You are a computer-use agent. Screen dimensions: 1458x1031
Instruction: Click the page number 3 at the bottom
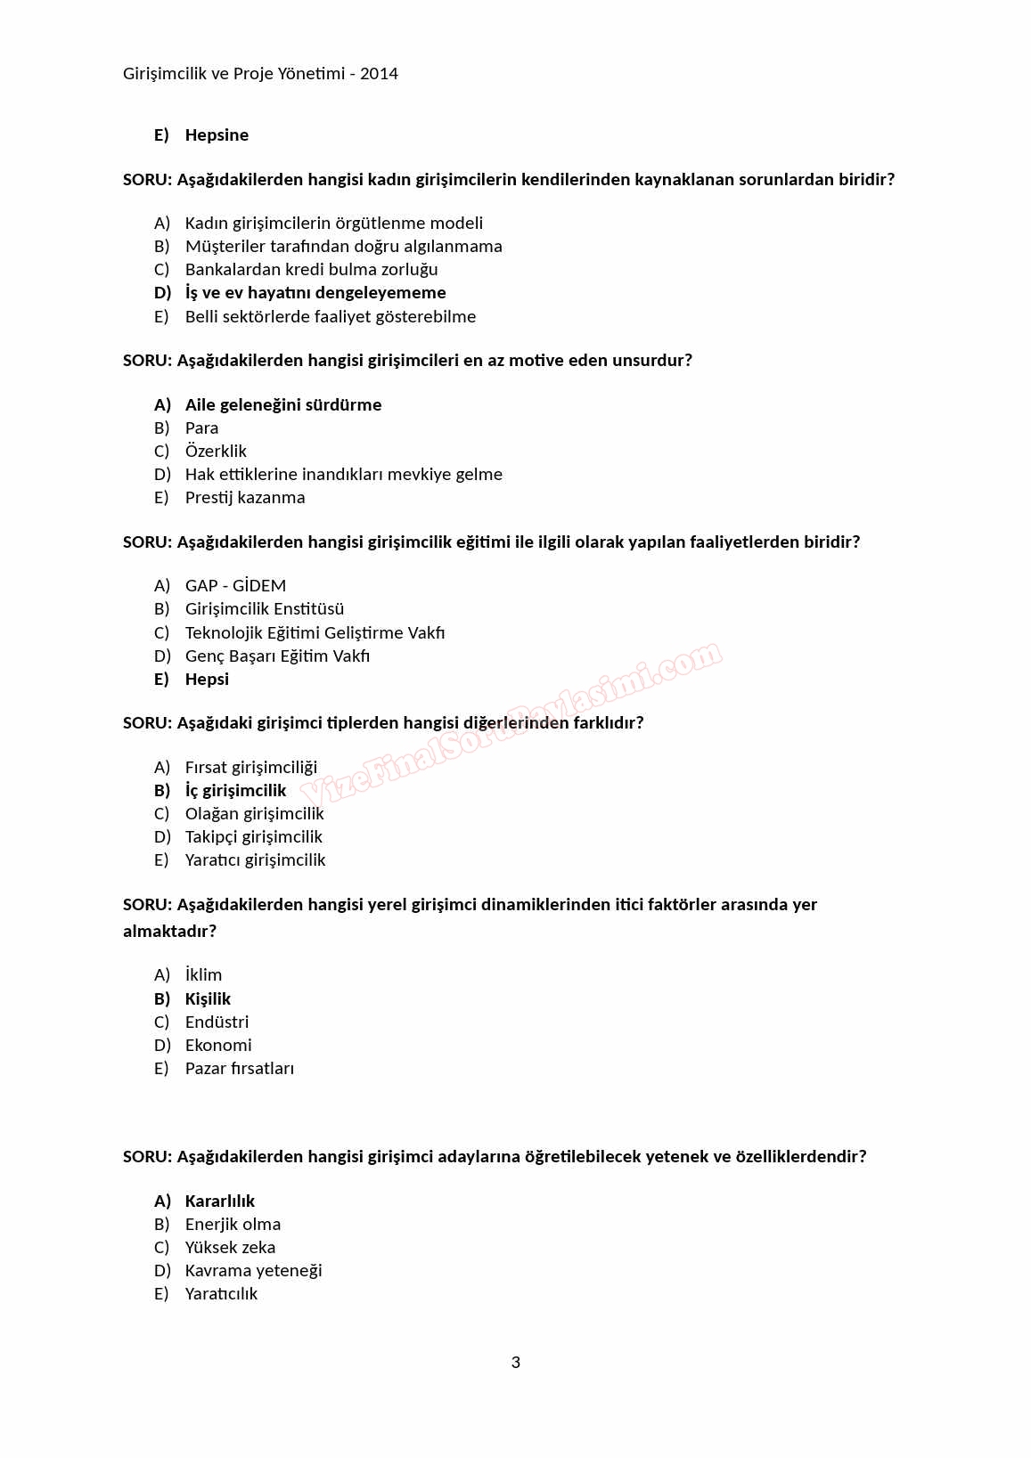516,1362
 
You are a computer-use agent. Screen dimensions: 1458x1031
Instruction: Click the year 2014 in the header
379,74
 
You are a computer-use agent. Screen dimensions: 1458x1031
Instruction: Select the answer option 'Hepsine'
217,135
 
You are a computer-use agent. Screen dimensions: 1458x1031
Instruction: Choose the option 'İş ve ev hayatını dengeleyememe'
315,293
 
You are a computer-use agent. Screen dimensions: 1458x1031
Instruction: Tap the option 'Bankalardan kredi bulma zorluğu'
311,270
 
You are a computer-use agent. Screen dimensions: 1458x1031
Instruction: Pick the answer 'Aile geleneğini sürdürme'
283,405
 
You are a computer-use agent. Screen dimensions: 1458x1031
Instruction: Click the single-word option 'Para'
201,428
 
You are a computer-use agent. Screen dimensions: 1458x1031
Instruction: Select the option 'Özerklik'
216,452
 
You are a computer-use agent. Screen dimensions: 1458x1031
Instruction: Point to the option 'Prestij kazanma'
245,498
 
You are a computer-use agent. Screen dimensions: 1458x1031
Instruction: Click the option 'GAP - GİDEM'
235,586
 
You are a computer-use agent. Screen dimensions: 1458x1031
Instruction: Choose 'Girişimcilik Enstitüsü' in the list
265,609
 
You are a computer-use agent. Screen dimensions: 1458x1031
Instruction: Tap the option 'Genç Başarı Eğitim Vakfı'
277,656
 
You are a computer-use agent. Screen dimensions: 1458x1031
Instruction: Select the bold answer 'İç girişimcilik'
235,791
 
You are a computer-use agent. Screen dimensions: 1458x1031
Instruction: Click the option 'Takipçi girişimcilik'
254,837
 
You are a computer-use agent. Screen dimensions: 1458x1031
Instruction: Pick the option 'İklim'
203,975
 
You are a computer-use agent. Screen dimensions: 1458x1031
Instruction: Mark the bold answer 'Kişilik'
208,999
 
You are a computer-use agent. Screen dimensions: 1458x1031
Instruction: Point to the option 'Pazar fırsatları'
240,1069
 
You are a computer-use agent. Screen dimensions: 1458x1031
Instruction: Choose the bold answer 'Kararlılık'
220,1201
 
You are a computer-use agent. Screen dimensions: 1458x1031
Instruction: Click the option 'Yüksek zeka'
230,1248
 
